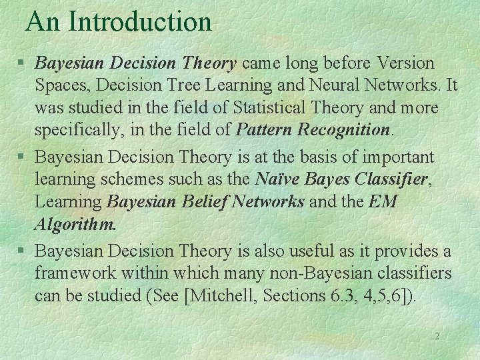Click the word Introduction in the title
tap(140, 21)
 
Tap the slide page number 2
tap(437, 337)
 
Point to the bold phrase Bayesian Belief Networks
tap(206, 201)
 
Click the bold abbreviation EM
tap(383, 201)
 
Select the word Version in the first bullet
tap(406, 64)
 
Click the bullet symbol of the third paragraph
tap(21, 252)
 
